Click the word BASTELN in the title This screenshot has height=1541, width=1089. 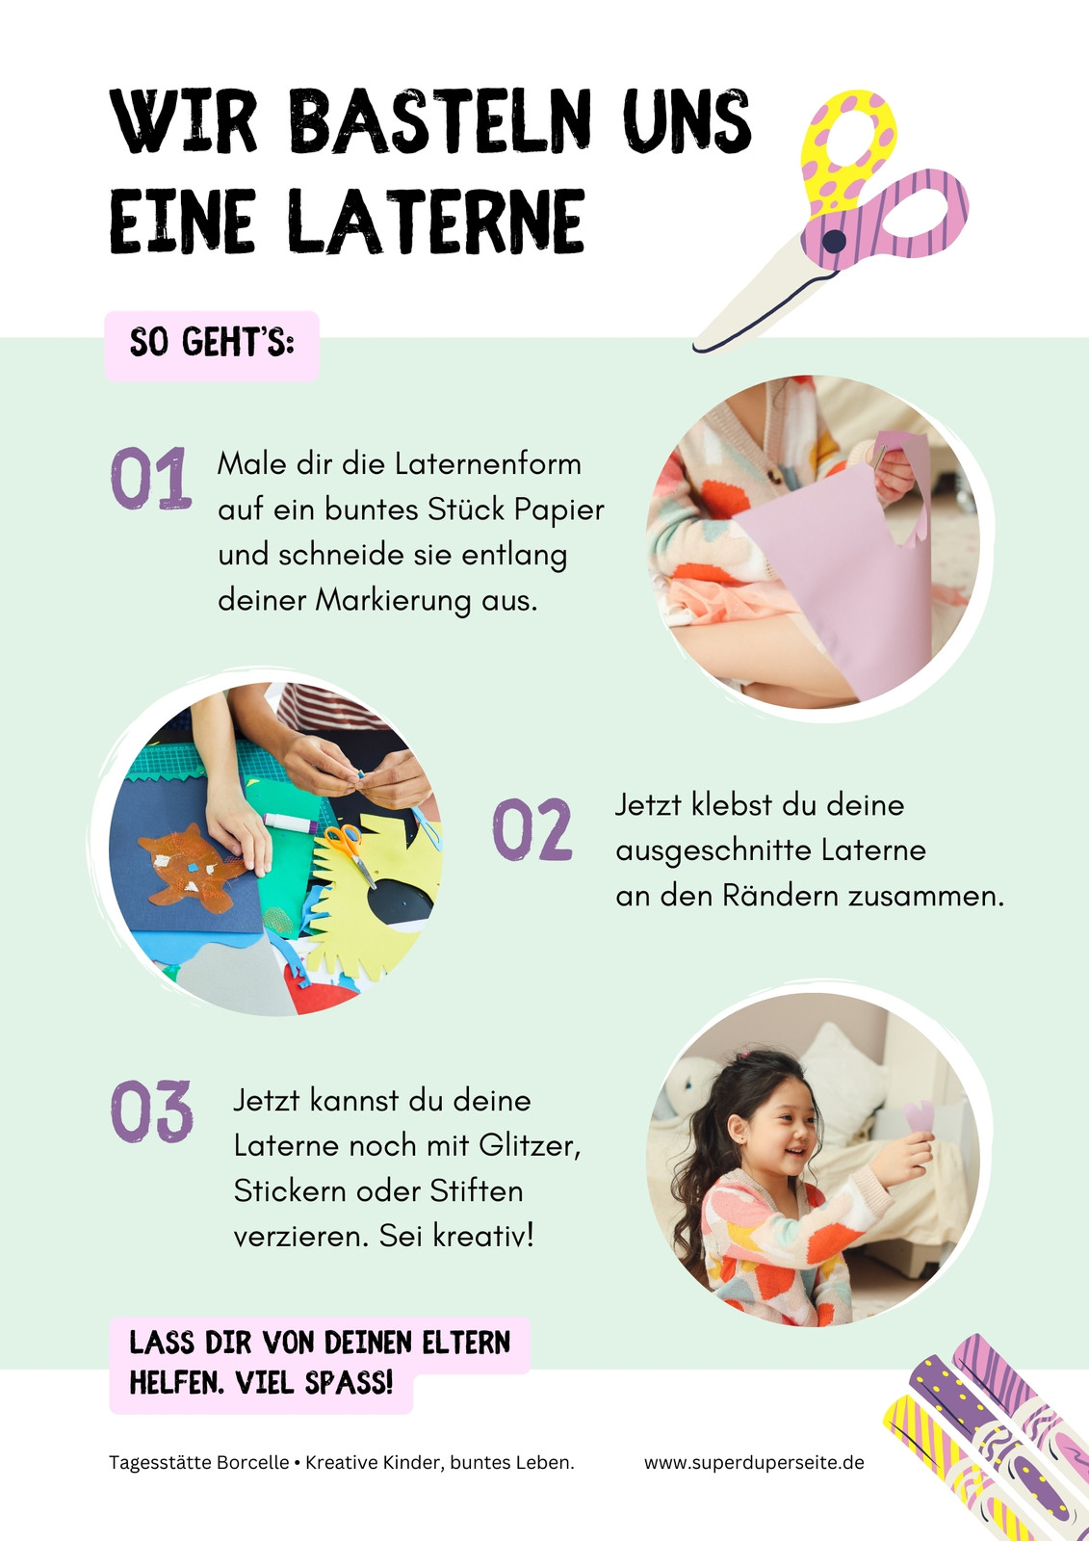point(439,121)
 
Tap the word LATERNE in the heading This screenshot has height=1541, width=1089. point(436,221)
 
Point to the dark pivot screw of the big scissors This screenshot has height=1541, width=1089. point(834,241)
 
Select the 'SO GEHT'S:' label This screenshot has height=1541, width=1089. point(212,343)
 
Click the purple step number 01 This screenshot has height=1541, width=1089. point(150,478)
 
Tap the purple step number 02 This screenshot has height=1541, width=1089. point(532,829)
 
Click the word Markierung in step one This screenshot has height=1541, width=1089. point(393,601)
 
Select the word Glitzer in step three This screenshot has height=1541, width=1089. point(530,1146)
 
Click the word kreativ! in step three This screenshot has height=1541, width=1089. point(483,1237)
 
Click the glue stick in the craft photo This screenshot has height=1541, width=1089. point(291,822)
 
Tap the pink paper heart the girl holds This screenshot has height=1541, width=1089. point(919,1116)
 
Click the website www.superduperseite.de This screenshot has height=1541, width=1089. point(754,1463)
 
